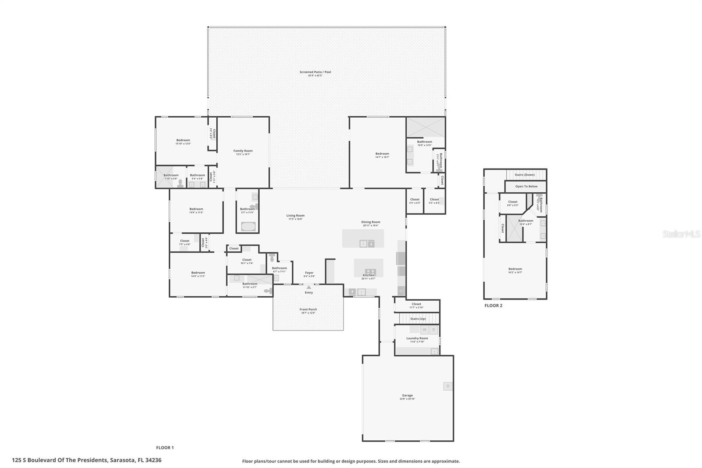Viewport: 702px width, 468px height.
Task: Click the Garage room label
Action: (x=407, y=396)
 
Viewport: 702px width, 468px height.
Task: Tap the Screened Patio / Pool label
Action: (x=315, y=72)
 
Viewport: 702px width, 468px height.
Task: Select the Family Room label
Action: (x=243, y=151)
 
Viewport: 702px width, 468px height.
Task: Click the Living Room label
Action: (x=295, y=216)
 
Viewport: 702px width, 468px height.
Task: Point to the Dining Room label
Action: (x=371, y=222)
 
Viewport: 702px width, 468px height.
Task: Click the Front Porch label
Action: (x=308, y=310)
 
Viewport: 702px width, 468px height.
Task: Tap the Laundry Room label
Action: (x=417, y=338)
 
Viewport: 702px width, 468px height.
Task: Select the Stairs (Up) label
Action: (x=418, y=319)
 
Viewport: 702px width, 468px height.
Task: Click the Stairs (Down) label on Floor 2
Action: (x=524, y=175)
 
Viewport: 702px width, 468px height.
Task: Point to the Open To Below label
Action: (x=526, y=187)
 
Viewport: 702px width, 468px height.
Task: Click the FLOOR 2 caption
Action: (x=493, y=306)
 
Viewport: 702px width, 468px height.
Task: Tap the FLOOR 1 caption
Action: (x=165, y=448)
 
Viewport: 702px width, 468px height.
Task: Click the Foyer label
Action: (x=309, y=273)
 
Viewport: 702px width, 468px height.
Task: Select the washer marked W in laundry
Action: (x=424, y=329)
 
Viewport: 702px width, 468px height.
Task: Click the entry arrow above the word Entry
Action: (x=308, y=288)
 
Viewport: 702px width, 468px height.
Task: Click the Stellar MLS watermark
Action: (x=681, y=234)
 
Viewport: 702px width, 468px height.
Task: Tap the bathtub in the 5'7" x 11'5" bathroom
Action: (x=247, y=227)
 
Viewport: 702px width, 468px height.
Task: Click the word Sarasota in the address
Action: (x=122, y=461)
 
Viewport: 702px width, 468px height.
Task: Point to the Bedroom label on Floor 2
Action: (x=515, y=269)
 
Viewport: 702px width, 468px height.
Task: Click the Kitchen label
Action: (x=368, y=275)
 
